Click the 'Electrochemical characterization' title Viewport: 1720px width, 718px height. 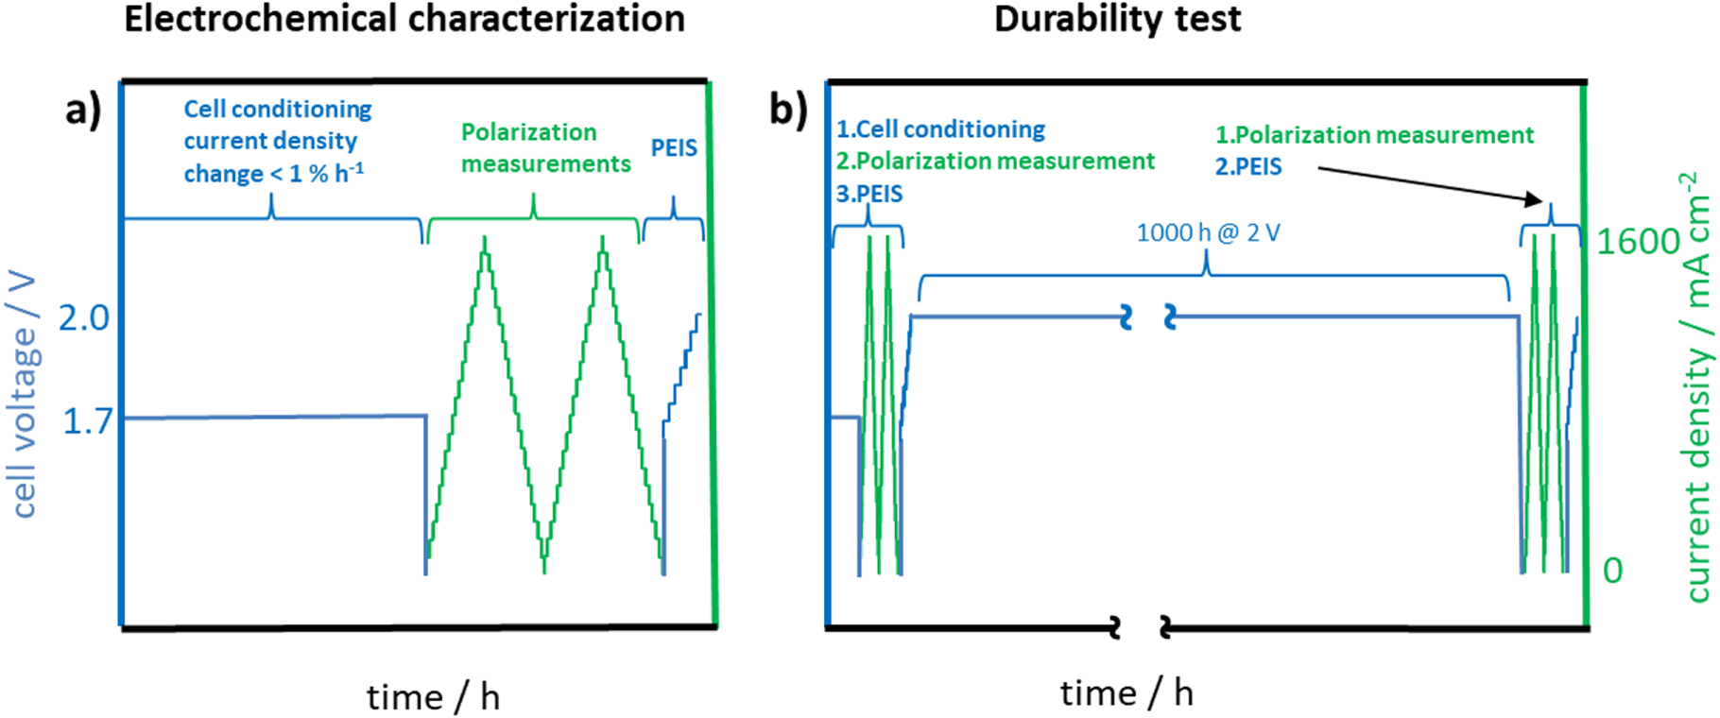pos(404,19)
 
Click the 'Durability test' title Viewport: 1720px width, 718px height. pos(1117,19)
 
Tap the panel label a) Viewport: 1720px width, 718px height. pos(82,111)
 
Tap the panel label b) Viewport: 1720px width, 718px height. pos(788,111)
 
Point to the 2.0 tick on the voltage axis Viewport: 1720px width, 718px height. pos(84,318)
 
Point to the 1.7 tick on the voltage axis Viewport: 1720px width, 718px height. pos(87,421)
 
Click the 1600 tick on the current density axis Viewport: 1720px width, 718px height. pos(1638,242)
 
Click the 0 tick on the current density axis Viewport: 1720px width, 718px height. pos(1612,571)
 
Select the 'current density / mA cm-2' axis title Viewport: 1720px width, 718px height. pos(1698,387)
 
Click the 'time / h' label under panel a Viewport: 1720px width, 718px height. pos(433,697)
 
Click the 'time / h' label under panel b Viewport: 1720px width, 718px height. pos(1127,693)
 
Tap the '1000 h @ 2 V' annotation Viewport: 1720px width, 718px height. pos(1208,232)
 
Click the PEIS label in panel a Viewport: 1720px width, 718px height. pos(674,147)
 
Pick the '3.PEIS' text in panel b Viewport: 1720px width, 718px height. pos(869,194)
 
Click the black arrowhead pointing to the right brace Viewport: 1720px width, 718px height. pos(1533,198)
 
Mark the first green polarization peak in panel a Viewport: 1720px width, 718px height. pos(485,240)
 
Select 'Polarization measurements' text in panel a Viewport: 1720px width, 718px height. pos(545,147)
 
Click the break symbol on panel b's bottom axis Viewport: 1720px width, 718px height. pos(1140,626)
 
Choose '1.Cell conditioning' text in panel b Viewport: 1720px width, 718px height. pos(940,128)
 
